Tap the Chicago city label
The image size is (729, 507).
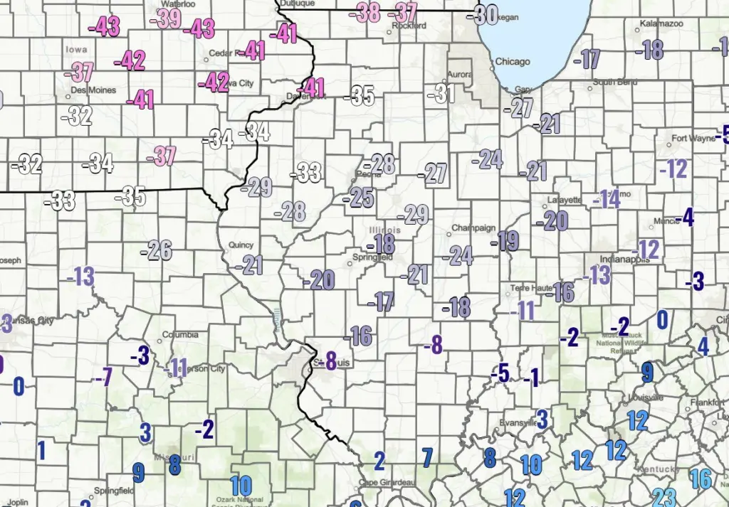(x=513, y=62)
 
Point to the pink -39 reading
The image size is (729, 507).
(x=167, y=18)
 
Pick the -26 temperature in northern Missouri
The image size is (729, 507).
(x=157, y=250)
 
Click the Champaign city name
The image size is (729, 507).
(x=473, y=229)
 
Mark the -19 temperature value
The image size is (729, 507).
(x=505, y=241)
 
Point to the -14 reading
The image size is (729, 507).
(x=607, y=199)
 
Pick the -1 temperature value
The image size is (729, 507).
(x=531, y=378)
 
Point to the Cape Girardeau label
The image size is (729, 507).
(x=388, y=483)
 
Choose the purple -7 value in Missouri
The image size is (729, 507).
(x=103, y=376)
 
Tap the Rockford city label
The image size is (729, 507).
(x=409, y=26)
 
